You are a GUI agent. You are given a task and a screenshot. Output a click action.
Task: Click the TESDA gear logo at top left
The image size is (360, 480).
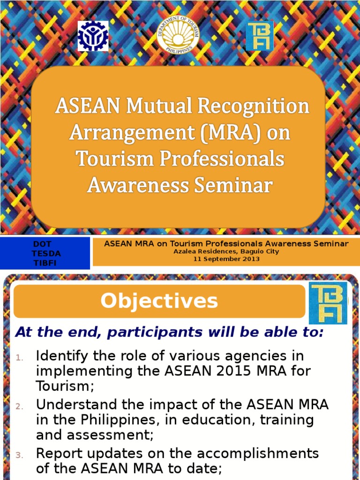tap(93, 36)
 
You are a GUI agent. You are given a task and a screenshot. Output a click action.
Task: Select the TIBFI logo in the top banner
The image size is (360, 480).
tap(259, 35)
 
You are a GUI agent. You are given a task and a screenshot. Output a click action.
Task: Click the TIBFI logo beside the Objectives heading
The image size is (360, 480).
tap(328, 303)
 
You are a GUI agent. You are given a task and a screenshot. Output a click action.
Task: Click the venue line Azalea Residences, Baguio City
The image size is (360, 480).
tap(226, 251)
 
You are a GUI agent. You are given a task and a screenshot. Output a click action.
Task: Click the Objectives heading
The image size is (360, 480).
tap(159, 301)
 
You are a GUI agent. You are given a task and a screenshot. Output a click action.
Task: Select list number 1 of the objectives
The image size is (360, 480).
tap(19, 358)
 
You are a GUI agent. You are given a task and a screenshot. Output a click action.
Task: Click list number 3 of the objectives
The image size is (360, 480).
tap(19, 455)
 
